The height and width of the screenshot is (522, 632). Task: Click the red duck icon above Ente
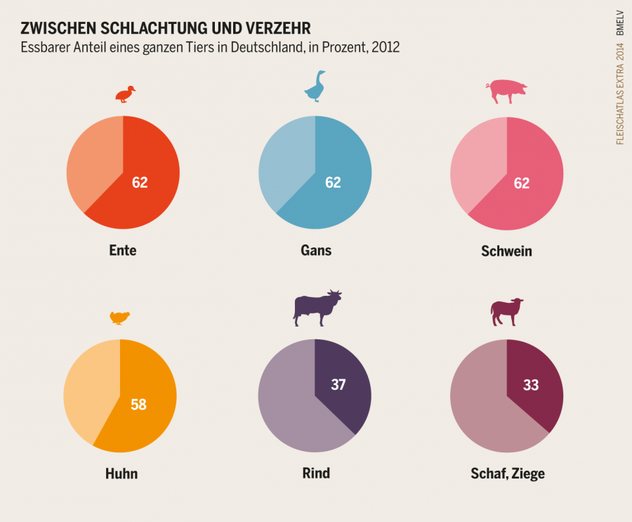pos(126,94)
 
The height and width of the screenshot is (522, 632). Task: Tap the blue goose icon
pos(315,86)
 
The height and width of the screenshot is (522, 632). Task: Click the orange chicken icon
pos(120,318)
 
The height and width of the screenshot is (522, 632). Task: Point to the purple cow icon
pos(317,308)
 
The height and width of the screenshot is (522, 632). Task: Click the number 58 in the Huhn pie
pos(138,405)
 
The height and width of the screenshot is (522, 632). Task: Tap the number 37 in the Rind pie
pos(338,385)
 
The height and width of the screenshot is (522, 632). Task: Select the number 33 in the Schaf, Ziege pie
pos(531,385)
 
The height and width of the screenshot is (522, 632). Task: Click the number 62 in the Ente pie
pos(140,183)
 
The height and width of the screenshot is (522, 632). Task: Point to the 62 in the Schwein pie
pos(521,183)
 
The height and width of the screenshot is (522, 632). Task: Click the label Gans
pos(315,250)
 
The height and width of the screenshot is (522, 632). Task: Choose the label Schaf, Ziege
pos(507,474)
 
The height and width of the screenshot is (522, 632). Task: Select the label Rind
pos(316,473)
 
